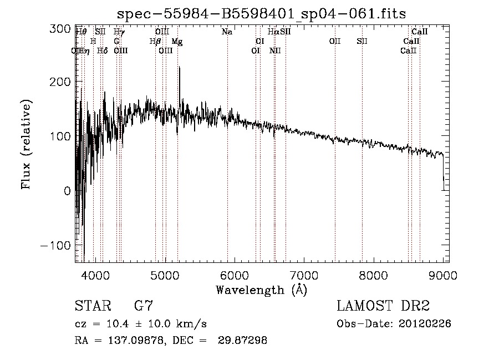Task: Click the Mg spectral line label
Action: coord(176,42)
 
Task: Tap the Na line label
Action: coord(227,32)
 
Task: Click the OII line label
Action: coord(334,42)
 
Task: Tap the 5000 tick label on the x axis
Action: coord(165,275)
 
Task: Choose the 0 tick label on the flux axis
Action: coord(67,191)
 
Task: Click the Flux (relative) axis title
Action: coord(27,144)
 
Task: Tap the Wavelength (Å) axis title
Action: coord(261,290)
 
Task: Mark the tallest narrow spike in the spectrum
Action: coord(179,68)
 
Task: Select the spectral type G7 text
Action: coord(143,306)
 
